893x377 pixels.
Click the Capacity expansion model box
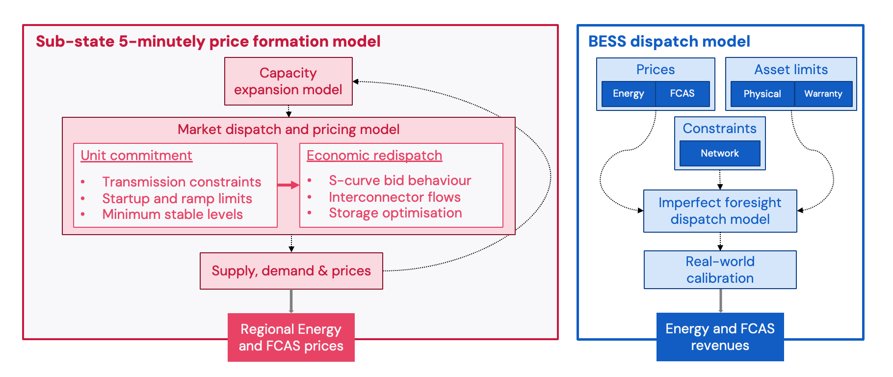coord(288,81)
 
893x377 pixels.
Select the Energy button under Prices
coord(628,94)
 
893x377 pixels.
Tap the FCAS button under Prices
coord(682,94)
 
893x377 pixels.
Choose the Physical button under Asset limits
coord(762,94)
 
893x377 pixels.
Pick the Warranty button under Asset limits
coord(823,94)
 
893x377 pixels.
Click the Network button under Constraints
coord(719,153)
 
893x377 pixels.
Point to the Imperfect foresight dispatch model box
coord(720,211)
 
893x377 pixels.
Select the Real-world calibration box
coord(720,269)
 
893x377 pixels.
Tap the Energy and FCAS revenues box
coord(720,337)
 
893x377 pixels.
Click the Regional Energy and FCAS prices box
coord(291,337)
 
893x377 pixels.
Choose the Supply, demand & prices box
coord(291,271)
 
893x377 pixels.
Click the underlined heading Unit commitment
coord(136,156)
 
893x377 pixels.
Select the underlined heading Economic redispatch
coord(374,156)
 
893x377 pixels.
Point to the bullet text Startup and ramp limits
coord(177,198)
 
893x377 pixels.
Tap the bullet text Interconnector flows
coord(394,197)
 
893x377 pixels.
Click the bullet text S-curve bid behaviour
coord(400,181)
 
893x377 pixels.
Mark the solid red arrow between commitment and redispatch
coord(288,185)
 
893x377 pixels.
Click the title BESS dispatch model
coord(669,42)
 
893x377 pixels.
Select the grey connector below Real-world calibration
coord(720,300)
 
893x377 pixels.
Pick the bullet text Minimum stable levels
coord(172,215)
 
